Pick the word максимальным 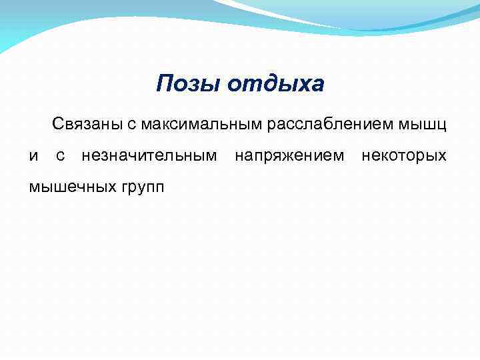[x=191, y=124]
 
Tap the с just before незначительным [x=60, y=156]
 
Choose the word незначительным [x=149, y=156]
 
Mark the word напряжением [x=289, y=156]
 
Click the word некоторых [x=403, y=156]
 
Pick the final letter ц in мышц [x=442, y=125]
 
